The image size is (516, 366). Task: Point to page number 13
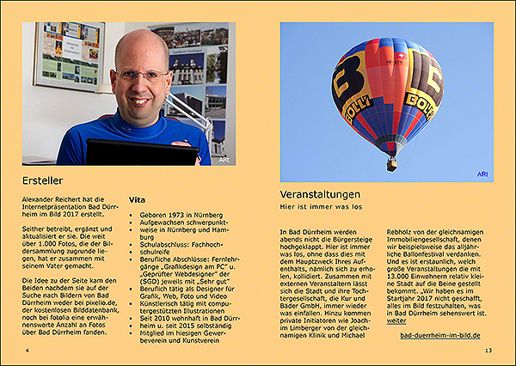(x=488, y=351)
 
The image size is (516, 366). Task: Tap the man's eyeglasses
(x=142, y=76)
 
